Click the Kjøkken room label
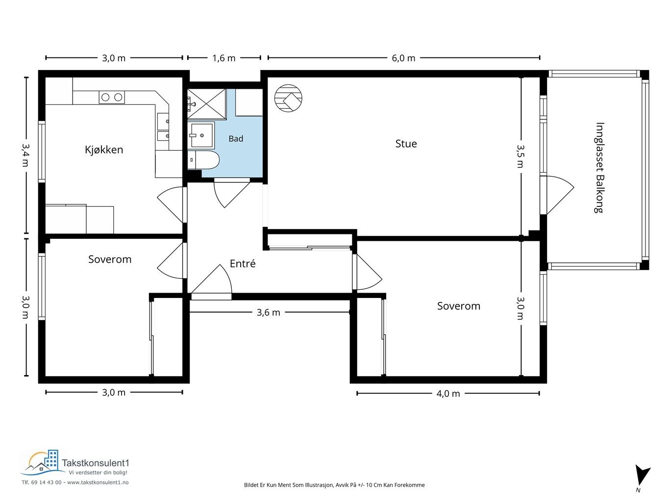click(x=104, y=150)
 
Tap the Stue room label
click(x=406, y=144)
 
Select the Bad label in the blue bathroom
click(x=236, y=139)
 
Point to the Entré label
click(x=243, y=263)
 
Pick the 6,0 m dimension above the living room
click(x=403, y=58)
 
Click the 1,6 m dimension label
click(x=223, y=58)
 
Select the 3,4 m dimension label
click(x=25, y=155)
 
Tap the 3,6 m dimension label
click(x=268, y=312)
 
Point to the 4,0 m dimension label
click(x=448, y=394)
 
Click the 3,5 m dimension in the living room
click(x=520, y=156)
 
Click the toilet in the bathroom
click(x=203, y=160)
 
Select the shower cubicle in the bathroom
click(x=207, y=103)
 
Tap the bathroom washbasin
click(x=201, y=135)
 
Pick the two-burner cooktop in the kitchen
click(x=112, y=97)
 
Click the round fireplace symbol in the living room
click(x=288, y=98)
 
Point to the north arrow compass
click(x=642, y=478)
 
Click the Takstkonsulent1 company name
click(x=96, y=463)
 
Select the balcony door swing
click(x=557, y=196)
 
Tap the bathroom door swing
click(x=232, y=193)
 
